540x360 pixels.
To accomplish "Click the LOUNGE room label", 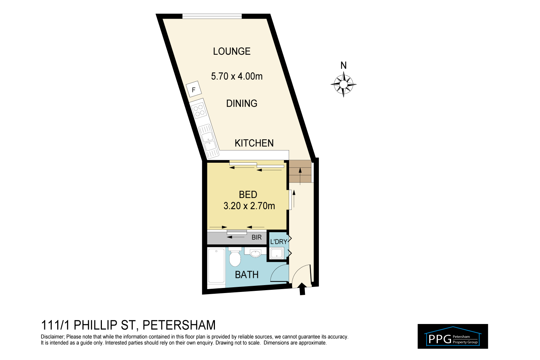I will point(231,51).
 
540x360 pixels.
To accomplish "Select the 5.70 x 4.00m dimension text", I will point(237,76).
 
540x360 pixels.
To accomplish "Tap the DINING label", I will point(242,104).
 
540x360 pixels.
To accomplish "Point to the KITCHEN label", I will point(254,143).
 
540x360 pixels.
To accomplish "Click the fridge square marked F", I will point(194,90).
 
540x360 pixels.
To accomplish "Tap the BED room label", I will point(248,195).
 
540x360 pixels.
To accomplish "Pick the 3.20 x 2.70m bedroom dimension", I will point(249,206).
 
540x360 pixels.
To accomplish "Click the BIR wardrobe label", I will point(257,238).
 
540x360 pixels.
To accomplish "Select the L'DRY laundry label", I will point(278,242).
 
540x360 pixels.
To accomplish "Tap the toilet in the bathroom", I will point(235,257).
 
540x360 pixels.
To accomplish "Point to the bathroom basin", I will point(255,253).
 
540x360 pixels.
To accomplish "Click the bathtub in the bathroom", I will point(216,266).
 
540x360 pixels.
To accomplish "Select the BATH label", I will point(247,275).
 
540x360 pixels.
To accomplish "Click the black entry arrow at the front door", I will point(302,289).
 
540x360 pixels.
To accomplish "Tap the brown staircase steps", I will point(300,172).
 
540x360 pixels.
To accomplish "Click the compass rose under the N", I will point(343,85).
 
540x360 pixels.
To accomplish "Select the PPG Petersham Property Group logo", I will point(453,337).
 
